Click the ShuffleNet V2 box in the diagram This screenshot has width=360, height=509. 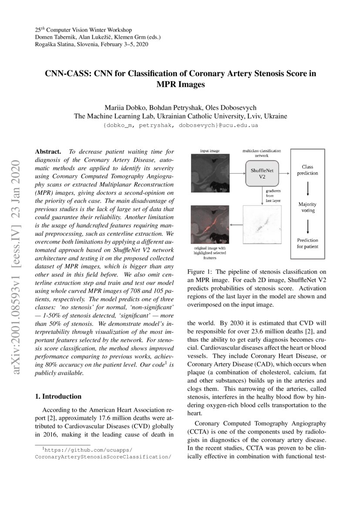pyautogui.click(x=262, y=173)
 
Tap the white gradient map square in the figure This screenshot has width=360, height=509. pyautogui.click(x=261, y=225)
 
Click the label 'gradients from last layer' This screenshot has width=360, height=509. pyautogui.click(x=273, y=195)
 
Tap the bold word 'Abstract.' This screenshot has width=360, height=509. pyautogui.click(x=48, y=152)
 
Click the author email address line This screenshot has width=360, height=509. pyautogui.click(x=180, y=125)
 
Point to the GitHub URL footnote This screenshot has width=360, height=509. pyautogui.click(x=102, y=454)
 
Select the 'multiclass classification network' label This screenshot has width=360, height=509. pyautogui.click(x=261, y=153)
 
